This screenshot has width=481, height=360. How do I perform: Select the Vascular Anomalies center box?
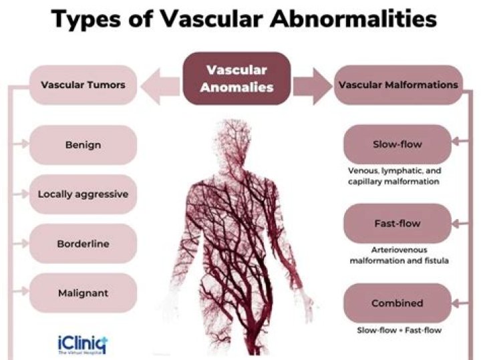[236, 79]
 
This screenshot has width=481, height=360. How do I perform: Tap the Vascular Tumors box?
[84, 85]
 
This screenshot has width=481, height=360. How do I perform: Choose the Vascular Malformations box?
[398, 85]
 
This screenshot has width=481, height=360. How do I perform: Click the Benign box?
[84, 144]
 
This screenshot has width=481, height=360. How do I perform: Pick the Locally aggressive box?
[84, 194]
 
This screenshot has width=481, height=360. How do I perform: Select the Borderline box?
[84, 244]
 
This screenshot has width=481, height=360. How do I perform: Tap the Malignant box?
[84, 293]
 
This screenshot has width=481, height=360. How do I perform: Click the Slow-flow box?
[397, 144]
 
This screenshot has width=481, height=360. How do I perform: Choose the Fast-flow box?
[397, 223]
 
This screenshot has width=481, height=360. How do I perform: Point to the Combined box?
[397, 303]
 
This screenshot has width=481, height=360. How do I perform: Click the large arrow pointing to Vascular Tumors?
[161, 86]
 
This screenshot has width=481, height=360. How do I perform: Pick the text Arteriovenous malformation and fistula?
[398, 254]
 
